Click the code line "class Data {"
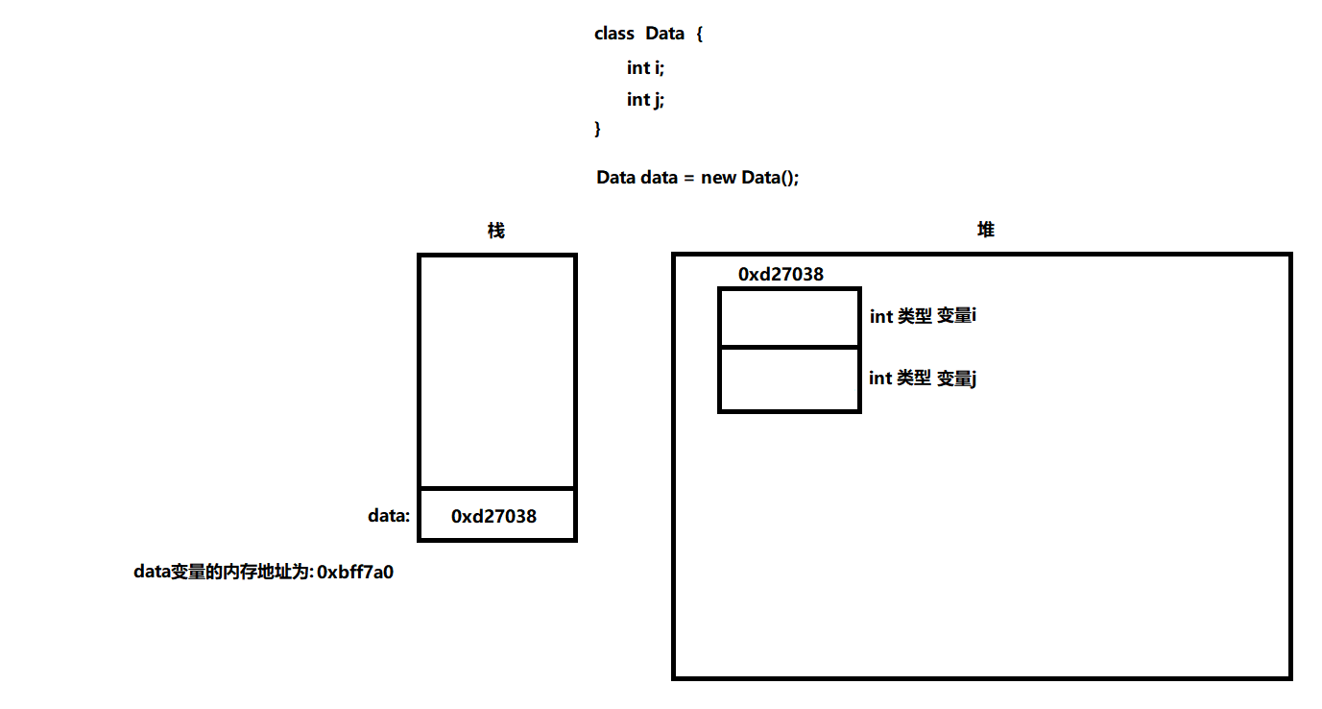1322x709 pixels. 649,34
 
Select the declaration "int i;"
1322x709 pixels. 645,67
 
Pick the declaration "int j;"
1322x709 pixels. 645,99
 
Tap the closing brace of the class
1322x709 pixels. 598,128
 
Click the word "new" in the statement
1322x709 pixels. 719,178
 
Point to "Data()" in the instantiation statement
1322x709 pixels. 770,178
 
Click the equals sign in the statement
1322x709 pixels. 689,178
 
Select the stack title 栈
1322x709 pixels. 496,231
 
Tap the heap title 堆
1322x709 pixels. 986,230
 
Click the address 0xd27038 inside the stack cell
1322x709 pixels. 493,517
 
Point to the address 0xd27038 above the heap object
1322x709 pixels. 781,275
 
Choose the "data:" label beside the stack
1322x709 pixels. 389,516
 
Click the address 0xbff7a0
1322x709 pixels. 355,573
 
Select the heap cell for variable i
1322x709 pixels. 789,317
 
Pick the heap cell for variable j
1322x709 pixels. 789,379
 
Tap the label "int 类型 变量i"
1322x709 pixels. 923,316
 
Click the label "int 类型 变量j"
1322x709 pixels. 923,379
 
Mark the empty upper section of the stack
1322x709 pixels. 497,370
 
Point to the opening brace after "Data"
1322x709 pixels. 700,35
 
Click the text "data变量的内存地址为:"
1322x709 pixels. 224,573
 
